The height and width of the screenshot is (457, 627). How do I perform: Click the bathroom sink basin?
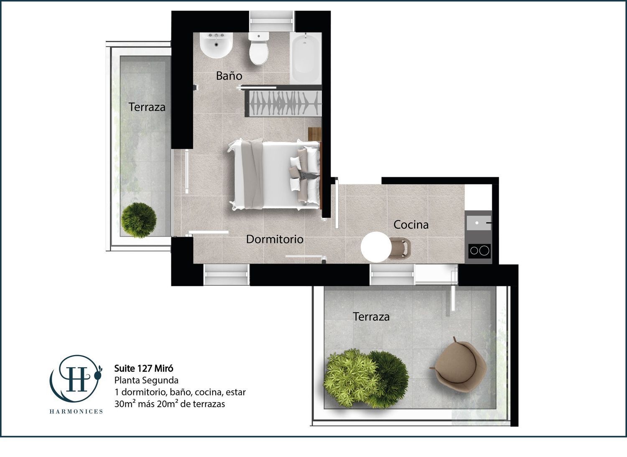(x=216, y=45)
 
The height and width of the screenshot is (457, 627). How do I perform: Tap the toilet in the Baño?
(x=259, y=48)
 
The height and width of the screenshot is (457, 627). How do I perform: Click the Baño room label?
(x=229, y=76)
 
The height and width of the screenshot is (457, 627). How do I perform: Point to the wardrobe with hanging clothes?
(x=283, y=103)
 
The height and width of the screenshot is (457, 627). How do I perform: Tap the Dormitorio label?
(x=275, y=239)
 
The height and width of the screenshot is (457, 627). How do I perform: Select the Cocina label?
(x=410, y=225)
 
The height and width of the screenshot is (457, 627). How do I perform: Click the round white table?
(x=376, y=247)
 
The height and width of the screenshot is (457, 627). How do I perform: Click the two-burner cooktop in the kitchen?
(x=479, y=250)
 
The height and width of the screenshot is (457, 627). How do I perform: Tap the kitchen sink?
(x=479, y=222)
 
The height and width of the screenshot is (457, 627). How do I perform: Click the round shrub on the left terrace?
(x=139, y=220)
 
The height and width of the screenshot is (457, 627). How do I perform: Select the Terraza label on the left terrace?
(x=147, y=107)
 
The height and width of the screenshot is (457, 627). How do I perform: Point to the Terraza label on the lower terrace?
(x=371, y=317)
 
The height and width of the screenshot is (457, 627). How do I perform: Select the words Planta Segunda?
(x=146, y=380)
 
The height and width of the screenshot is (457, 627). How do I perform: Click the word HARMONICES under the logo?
(x=76, y=411)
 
